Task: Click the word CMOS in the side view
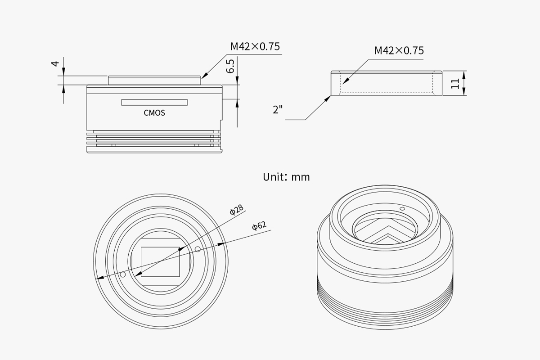(x=154, y=113)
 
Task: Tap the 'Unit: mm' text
(x=286, y=177)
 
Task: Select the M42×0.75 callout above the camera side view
(x=255, y=46)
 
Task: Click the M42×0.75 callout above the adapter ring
(x=399, y=51)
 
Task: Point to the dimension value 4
(x=55, y=63)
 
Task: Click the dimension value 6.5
(x=230, y=66)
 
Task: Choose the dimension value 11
(x=455, y=84)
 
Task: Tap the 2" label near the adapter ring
(x=278, y=109)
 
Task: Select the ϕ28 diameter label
(x=237, y=210)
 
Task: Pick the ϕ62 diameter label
(x=259, y=226)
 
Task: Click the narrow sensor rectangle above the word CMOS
(x=154, y=103)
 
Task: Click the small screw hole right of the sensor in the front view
(x=198, y=249)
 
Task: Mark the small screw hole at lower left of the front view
(x=123, y=274)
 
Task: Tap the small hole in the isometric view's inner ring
(x=402, y=209)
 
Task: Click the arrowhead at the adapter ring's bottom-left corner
(x=328, y=99)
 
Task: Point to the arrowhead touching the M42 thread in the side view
(x=204, y=75)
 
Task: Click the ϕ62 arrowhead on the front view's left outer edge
(x=100, y=278)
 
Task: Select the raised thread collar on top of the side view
(x=154, y=80)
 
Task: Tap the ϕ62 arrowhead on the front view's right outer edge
(x=221, y=244)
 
